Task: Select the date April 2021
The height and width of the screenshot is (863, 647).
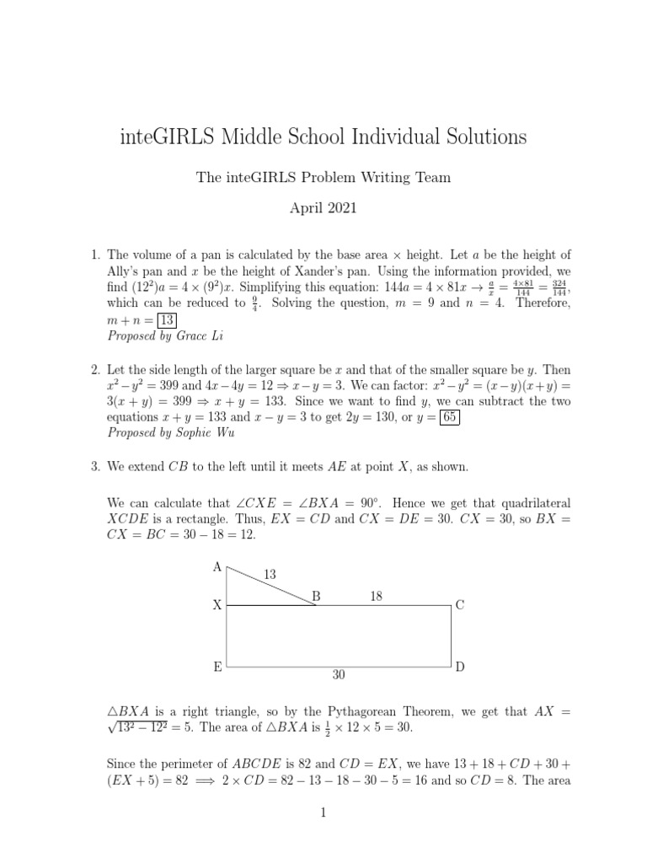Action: [x=323, y=205]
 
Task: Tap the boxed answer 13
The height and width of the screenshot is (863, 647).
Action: [x=167, y=319]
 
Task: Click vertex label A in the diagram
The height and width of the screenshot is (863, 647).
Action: [x=217, y=567]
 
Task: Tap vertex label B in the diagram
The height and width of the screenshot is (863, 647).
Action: [x=317, y=596]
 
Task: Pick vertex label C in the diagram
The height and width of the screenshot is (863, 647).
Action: [x=460, y=605]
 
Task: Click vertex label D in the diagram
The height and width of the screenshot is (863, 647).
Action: [x=460, y=667]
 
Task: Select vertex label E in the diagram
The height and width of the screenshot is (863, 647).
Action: [x=217, y=667]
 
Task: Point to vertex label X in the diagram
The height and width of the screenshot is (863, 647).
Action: [x=217, y=605]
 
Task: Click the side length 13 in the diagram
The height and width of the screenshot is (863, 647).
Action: [x=270, y=574]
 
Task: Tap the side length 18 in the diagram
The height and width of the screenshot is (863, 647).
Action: [x=377, y=595]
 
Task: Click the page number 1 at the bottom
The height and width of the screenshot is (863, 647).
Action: [x=323, y=812]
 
